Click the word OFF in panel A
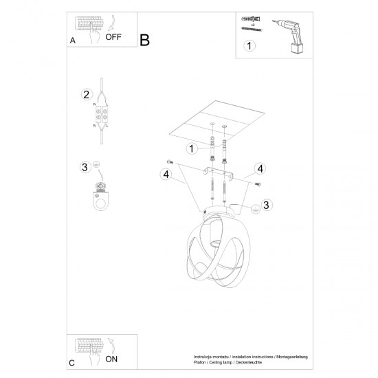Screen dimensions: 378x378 click(113, 39)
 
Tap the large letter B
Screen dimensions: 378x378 click(144, 40)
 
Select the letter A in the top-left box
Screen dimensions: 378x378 click(73, 41)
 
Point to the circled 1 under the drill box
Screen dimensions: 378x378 click(249, 47)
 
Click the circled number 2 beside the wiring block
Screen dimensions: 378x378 click(86, 95)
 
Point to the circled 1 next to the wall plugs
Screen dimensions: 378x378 click(193, 148)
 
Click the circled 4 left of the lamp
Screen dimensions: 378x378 click(166, 175)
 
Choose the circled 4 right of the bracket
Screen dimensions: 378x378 click(260, 168)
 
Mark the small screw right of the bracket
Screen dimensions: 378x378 click(258, 184)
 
